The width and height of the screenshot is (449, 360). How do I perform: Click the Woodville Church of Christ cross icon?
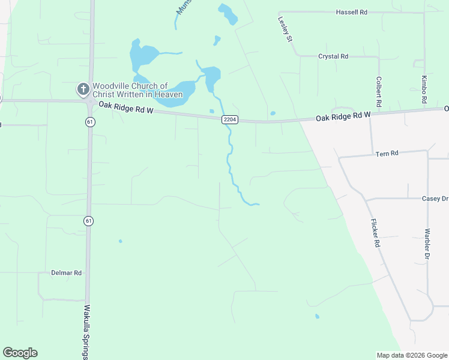(83, 90)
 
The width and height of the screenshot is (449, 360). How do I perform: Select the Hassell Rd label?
(351, 12)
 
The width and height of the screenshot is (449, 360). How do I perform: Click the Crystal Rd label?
(333, 56)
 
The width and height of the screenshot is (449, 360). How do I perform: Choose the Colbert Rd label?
(379, 92)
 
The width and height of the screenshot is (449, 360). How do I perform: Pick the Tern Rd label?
(387, 154)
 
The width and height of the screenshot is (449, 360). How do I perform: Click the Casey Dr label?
(435, 199)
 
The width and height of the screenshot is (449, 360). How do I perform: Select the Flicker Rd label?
(375, 233)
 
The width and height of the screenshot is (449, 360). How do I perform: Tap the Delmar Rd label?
(66, 272)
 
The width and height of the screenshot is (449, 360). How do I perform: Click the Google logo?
(20, 353)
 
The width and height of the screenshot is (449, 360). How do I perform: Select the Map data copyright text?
(411, 355)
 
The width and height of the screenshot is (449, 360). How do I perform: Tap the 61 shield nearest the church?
(90, 121)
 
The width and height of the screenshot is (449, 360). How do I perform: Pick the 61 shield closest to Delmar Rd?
(89, 221)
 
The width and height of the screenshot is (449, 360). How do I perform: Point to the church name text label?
(137, 91)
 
